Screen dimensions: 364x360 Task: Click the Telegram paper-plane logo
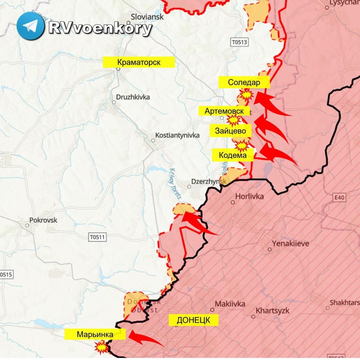pos(30,26)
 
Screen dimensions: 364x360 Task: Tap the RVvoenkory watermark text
pos(100,28)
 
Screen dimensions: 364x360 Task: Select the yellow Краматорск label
pos(139,62)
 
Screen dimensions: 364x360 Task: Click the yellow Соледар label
pos(244,82)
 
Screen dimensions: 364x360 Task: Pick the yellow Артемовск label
pos(224,111)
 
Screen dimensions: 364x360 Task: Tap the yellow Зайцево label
pos(233,130)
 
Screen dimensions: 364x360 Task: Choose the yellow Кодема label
pos(233,154)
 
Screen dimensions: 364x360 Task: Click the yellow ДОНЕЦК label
pos(194,320)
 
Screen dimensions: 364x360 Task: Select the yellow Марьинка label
pos(95,335)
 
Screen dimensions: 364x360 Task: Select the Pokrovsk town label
pos(43,220)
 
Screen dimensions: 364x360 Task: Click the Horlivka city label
pos(249,196)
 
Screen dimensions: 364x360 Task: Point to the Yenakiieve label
pos(290,243)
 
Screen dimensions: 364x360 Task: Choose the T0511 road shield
pos(97,237)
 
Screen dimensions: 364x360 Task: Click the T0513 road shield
pos(239,42)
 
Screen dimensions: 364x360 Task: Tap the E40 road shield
pos(339,198)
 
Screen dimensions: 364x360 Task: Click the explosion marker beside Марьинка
pos(102,348)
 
